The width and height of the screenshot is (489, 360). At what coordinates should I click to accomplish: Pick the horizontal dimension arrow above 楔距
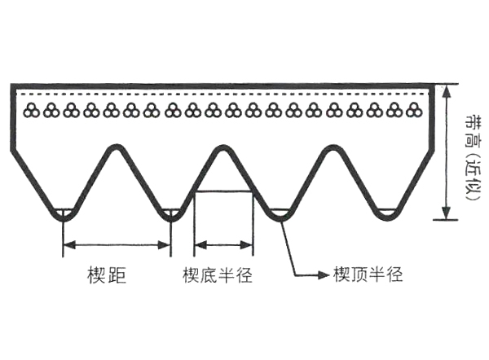(x=117, y=244)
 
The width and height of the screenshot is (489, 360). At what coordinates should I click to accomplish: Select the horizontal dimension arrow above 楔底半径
(x=222, y=244)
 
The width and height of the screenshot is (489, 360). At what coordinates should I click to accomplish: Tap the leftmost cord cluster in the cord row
(x=33, y=111)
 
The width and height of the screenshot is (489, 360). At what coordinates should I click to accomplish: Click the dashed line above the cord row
(x=220, y=96)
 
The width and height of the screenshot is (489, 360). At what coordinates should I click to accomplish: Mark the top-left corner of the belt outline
(x=13, y=85)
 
